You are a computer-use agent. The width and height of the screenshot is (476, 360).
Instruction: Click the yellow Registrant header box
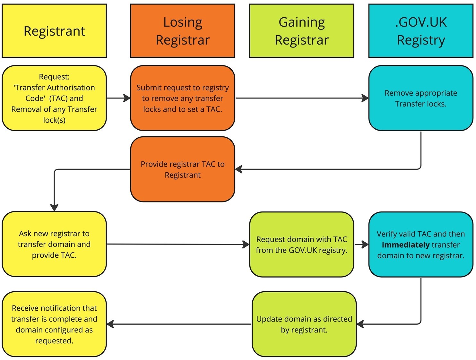[54, 31]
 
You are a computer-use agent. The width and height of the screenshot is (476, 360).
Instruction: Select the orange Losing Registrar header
[182, 31]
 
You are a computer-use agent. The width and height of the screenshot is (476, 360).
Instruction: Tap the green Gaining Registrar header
[301, 31]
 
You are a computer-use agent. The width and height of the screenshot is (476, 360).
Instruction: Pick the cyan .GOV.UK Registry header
[420, 31]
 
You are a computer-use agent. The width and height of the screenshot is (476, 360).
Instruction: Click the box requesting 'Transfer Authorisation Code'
[54, 98]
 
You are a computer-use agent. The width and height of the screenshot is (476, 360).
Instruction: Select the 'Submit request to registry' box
[182, 98]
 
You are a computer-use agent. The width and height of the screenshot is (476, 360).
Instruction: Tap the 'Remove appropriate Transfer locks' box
[420, 98]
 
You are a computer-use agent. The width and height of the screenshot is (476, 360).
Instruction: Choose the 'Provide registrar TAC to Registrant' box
[182, 169]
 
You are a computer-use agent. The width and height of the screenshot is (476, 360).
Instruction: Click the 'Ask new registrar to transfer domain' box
[54, 244]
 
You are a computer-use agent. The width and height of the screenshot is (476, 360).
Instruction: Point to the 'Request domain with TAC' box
[301, 244]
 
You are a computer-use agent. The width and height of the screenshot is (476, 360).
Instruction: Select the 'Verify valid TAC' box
[420, 244]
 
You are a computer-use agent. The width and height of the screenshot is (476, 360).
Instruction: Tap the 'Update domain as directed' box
[304, 324]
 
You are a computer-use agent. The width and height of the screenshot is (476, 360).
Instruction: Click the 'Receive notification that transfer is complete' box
[54, 324]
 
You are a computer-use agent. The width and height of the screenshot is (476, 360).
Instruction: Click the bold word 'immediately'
[405, 245]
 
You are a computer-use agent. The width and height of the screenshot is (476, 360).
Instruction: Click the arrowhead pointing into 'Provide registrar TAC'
[239, 169]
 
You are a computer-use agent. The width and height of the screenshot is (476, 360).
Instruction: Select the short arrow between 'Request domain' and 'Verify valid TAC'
[361, 244]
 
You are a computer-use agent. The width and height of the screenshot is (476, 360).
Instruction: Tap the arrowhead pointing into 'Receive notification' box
[110, 324]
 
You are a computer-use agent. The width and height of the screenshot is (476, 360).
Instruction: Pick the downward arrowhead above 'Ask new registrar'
[54, 207]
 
